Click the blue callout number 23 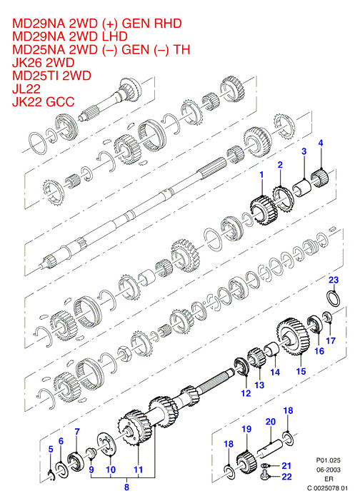pos(334,280)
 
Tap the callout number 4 pos(321,143)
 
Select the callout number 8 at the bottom pos(126,487)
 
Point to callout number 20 pos(271,422)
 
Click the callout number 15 pos(301,371)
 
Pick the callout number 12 pos(246,393)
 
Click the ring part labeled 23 pos(333,298)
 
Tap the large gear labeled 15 pos(293,336)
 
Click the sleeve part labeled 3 pos(303,188)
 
